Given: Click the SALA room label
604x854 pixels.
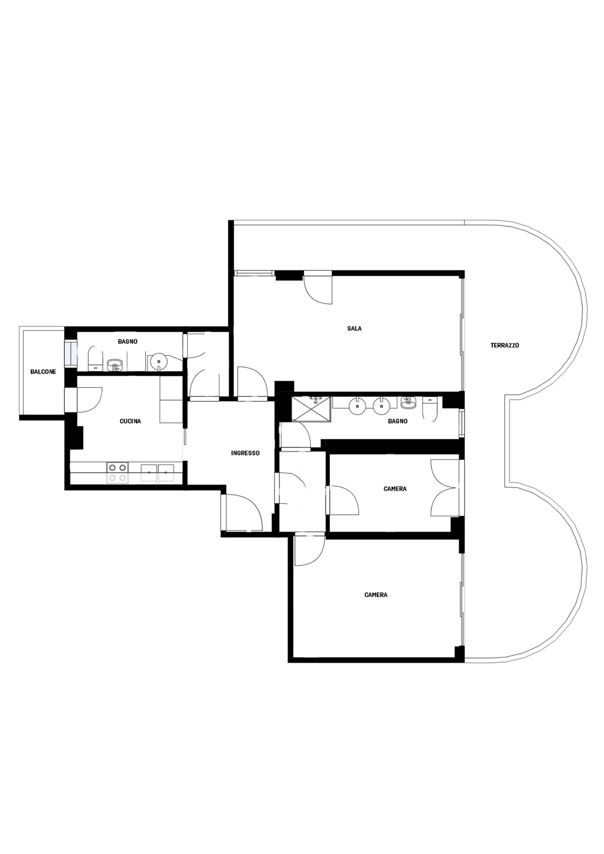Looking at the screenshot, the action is (x=354, y=329).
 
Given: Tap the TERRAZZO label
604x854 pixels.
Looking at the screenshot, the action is (x=504, y=346).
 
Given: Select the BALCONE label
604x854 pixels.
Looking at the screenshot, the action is (x=43, y=371).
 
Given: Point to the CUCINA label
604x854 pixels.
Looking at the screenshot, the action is (x=130, y=421).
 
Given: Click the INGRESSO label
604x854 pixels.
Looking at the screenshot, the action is (x=245, y=453).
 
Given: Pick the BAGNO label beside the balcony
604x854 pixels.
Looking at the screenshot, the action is (x=128, y=342).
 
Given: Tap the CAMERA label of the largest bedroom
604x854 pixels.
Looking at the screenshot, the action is (x=376, y=594).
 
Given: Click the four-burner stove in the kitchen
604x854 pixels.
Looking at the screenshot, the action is (x=117, y=473).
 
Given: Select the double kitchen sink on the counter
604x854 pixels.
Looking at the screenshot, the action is (x=158, y=473).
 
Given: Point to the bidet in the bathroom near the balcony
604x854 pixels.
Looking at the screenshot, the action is (x=114, y=366).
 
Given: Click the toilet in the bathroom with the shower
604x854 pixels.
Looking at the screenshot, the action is (x=430, y=409).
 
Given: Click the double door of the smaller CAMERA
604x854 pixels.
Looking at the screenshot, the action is (x=445, y=488).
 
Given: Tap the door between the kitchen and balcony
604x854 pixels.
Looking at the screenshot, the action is (x=89, y=400).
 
